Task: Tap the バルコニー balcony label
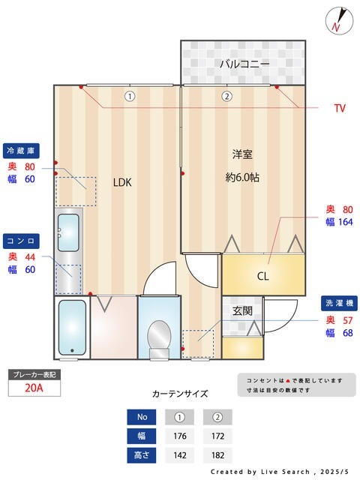244,64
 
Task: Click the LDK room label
122,181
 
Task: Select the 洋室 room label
241,154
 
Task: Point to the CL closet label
262,276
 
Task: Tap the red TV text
340,109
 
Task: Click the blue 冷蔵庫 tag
21,149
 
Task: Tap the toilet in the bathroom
159,335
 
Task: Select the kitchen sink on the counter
68,234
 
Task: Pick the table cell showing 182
217,454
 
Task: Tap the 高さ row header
142,454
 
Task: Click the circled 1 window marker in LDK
130,96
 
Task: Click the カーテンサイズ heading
180,393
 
